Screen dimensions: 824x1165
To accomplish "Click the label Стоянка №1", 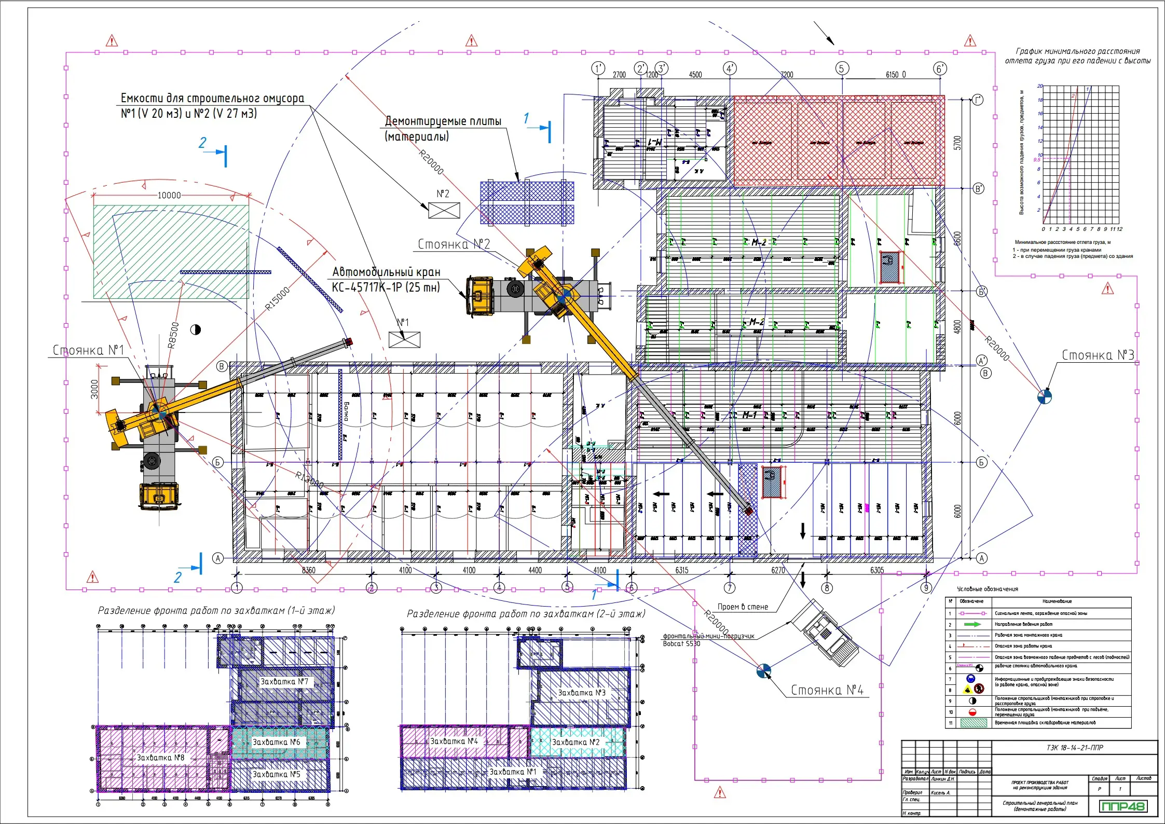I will tap(88, 350).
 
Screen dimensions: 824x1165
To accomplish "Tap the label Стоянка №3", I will tap(1098, 355).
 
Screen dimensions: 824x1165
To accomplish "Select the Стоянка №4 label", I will tap(827, 690).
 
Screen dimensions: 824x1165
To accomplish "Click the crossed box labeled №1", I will tap(404, 339).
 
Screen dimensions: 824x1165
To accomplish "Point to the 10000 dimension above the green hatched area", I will tap(169, 195).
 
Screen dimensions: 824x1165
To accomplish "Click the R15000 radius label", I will tap(277, 299).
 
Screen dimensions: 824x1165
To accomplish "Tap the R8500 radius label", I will tap(173, 335).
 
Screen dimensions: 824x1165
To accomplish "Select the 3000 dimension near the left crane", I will tap(94, 389).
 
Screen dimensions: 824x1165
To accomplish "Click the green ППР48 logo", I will tap(1122, 806).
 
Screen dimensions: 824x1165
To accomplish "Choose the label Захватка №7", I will tap(284, 681).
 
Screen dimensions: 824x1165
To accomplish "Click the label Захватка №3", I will tap(581, 693).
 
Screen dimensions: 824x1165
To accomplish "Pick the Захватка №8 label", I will tap(160, 758).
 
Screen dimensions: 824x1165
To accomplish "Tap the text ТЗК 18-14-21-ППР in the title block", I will tap(1074, 748).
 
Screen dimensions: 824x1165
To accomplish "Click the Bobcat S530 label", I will tap(681, 644).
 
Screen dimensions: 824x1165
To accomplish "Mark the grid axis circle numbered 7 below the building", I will tap(730, 588).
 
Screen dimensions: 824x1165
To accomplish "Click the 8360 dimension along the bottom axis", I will tap(308, 570).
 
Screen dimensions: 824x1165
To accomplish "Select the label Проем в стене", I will tap(743, 607).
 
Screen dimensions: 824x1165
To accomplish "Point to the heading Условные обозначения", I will tap(987, 589).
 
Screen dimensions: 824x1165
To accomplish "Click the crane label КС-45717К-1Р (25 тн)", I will tap(386, 287).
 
